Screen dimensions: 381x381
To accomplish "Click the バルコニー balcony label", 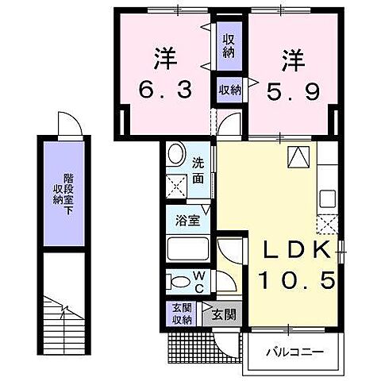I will pyautogui.click(x=294, y=349).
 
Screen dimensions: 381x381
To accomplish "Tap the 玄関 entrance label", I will pyautogui.click(x=225, y=314).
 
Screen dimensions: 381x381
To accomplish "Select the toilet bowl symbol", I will pyautogui.click(x=177, y=281).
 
